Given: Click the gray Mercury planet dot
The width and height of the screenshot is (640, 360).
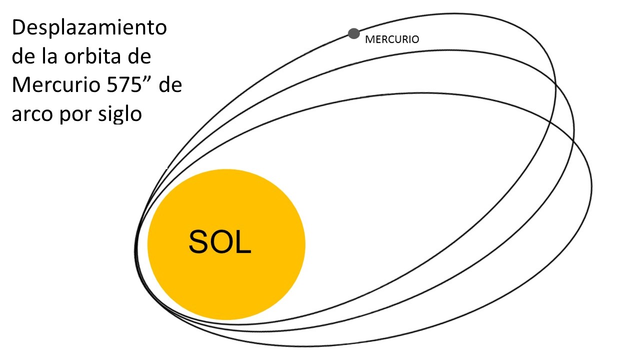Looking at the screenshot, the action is click(x=353, y=33).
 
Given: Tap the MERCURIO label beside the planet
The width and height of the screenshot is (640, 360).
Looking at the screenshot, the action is click(x=392, y=39).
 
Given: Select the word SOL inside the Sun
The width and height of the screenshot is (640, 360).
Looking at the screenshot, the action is click(x=219, y=242).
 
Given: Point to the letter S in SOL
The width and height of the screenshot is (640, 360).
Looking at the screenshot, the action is click(x=198, y=242).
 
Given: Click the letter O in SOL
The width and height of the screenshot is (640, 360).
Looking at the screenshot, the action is click(x=222, y=242).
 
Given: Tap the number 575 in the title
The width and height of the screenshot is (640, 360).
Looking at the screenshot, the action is click(x=124, y=85).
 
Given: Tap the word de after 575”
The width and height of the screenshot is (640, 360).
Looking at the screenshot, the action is click(x=170, y=85).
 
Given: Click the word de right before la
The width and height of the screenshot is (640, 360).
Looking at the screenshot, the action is click(x=23, y=56).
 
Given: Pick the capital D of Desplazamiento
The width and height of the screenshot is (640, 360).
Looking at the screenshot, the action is click(x=18, y=27).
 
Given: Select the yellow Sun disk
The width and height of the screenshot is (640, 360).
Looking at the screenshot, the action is click(x=226, y=244).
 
